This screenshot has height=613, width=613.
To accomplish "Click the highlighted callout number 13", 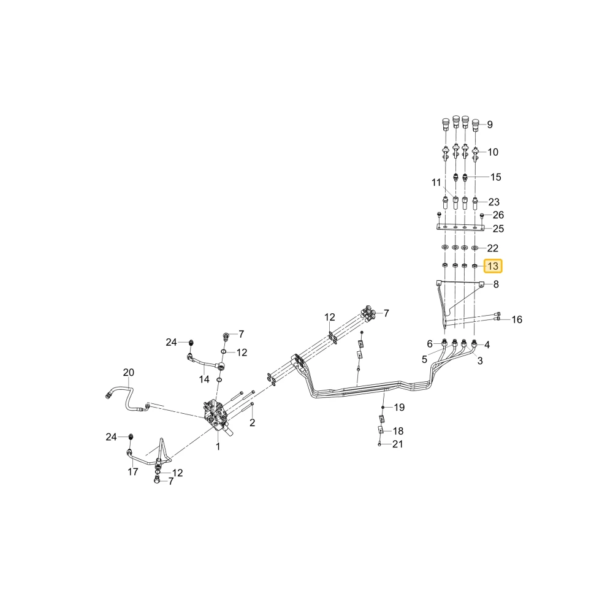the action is tap(493, 266).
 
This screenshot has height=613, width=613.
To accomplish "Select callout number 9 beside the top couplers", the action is tap(490, 124).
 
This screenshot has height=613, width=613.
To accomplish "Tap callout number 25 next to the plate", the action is tap(498, 229).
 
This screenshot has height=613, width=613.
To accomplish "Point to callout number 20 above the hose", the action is tap(129, 373).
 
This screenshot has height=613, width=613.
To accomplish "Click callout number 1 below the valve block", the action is tap(218, 446).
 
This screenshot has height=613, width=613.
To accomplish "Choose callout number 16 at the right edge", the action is tap(517, 320).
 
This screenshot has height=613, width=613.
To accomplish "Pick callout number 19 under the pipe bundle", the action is tap(399, 408).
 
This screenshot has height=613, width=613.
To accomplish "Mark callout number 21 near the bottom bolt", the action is tap(398, 444).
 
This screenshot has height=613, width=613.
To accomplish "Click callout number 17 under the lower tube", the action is tap(133, 472).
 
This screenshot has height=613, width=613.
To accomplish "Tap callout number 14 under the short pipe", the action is tap(204, 379).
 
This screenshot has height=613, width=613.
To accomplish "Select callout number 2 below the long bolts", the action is tap(252, 422).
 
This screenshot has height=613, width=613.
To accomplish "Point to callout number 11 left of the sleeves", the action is tap(436, 183).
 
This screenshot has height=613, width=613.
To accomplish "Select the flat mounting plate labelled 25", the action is tap(460, 227).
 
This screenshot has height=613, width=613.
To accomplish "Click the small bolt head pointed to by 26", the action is tap(482, 215).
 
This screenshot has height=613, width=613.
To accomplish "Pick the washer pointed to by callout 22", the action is tap(475, 248).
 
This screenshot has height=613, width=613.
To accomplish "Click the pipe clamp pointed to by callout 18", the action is tap(379, 430).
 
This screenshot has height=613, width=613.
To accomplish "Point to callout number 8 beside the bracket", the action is tap(496, 284).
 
